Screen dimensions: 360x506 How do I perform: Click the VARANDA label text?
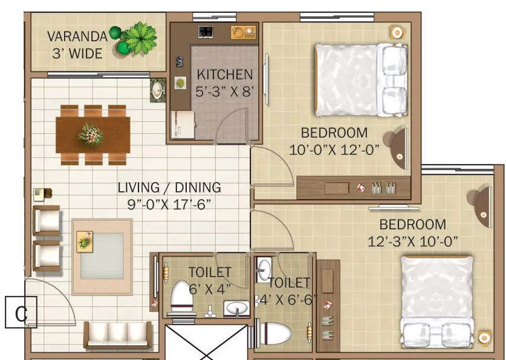pyautogui.click(x=77, y=36)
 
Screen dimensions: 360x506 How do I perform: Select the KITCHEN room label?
pyautogui.click(x=225, y=75)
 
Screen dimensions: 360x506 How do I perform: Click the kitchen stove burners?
pyautogui.click(x=206, y=31)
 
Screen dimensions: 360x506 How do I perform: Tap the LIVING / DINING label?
pyautogui.click(x=169, y=188)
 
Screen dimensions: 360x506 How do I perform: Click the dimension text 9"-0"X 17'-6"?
pyautogui.click(x=169, y=204)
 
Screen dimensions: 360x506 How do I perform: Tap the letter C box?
pyautogui.click(x=21, y=313)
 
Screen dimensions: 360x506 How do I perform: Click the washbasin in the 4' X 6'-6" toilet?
pyautogui.click(x=264, y=269)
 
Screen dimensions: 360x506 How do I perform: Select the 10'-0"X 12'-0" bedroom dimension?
pyautogui.click(x=334, y=149)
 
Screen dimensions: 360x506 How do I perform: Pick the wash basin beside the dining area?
pyautogui.click(x=158, y=91)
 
